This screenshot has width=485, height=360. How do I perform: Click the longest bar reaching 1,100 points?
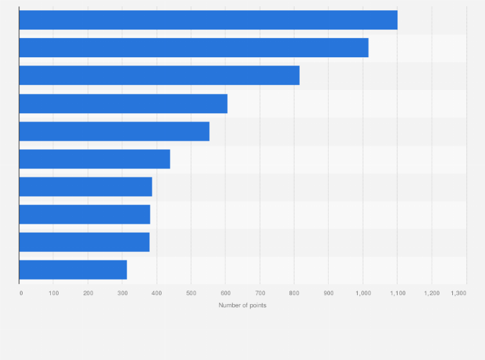coord(208,20)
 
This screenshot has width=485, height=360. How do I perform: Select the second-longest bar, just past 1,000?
coord(194,48)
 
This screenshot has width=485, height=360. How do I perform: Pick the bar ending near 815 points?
coord(159,75)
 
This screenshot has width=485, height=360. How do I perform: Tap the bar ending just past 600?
coord(123,104)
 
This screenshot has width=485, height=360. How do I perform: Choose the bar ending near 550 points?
coord(114,131)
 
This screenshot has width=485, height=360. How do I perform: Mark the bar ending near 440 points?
coord(95,159)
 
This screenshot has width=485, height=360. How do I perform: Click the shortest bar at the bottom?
coord(73,270)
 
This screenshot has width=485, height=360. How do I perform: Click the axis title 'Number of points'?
coord(243,305)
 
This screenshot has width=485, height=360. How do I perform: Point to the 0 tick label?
coord(21,293)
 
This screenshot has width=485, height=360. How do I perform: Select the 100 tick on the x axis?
coord(54,293)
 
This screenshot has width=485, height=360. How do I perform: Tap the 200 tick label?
coord(88,293)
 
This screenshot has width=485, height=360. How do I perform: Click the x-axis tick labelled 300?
coord(122,293)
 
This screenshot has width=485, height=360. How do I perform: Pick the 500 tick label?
coord(191,293)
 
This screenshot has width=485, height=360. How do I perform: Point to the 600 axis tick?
coord(225,293)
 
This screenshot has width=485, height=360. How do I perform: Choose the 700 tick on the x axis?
coord(260,293)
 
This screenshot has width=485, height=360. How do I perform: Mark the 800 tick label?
coord(294,293)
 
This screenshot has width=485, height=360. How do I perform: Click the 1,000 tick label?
coord(363,293)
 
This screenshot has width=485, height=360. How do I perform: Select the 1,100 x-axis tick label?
coord(397,293)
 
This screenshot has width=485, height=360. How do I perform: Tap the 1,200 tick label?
coord(432,293)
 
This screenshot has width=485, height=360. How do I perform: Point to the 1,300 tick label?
coord(459,293)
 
